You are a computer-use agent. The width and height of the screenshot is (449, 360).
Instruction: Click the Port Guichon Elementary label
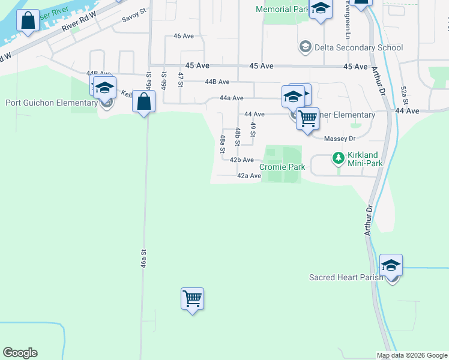click(52, 103)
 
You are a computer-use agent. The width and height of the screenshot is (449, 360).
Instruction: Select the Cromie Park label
click(282, 167)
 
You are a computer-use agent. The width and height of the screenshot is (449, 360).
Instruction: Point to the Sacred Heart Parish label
click(346, 278)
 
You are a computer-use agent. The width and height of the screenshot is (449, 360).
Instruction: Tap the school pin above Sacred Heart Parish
click(391, 265)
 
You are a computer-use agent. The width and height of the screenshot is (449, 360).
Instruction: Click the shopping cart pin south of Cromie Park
click(192, 298)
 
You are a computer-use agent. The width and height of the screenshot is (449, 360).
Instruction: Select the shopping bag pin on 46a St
click(144, 101)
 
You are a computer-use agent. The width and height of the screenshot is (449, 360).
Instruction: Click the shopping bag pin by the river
click(28, 21)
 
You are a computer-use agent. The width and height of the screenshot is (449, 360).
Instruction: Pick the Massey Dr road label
click(340, 139)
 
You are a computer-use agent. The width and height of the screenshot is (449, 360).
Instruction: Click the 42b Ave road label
click(242, 160)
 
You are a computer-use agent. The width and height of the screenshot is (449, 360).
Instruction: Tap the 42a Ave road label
click(249, 176)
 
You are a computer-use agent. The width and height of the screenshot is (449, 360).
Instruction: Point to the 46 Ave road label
click(184, 36)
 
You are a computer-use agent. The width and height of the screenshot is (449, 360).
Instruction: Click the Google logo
click(20, 353)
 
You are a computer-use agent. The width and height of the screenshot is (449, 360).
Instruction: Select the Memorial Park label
click(282, 10)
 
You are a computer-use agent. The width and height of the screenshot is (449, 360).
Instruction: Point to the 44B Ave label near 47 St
click(217, 82)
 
